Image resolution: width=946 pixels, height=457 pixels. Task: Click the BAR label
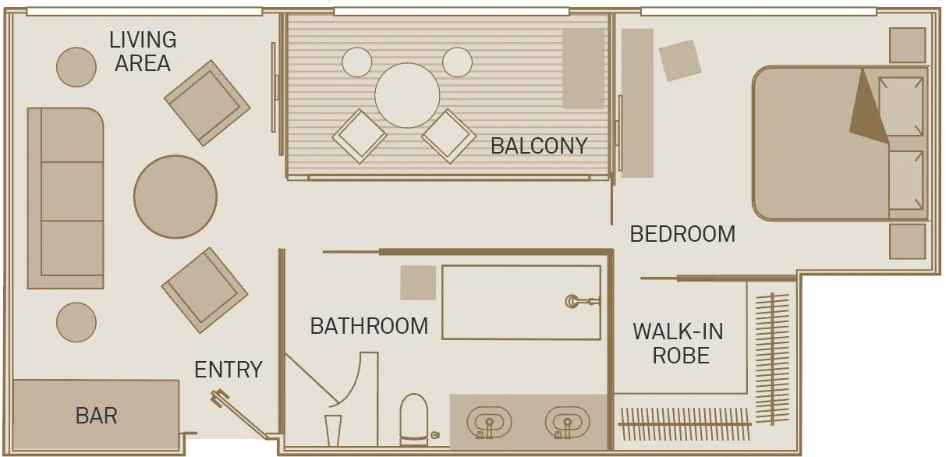tap(96, 416)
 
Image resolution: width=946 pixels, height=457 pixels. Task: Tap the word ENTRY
tap(228, 370)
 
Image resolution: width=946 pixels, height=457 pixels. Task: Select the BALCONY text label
tap(539, 146)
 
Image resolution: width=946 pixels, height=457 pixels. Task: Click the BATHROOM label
tap(369, 326)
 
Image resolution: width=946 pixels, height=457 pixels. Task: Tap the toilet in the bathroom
tap(414, 420)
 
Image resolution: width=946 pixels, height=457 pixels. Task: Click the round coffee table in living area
tap(175, 197)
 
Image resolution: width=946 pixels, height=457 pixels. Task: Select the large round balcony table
tap(407, 95)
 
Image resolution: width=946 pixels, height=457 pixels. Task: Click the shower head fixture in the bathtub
tap(582, 301)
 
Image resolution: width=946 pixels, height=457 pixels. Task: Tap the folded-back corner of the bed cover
tap(867, 111)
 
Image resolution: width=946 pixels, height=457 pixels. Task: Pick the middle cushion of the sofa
tap(73, 191)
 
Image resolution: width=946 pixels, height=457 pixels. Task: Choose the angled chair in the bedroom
tap(680, 60)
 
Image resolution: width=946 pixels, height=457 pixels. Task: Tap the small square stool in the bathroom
tap(418, 282)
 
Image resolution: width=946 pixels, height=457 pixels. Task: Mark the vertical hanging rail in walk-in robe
tap(772, 359)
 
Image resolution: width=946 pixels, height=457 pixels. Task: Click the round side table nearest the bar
tap(76, 322)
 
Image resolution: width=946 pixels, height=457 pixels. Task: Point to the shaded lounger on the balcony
tap(583, 69)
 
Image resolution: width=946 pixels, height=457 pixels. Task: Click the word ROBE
tap(681, 355)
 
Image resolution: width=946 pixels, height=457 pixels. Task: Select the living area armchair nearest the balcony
tap(207, 103)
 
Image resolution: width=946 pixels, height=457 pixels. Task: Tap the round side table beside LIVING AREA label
tap(76, 67)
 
